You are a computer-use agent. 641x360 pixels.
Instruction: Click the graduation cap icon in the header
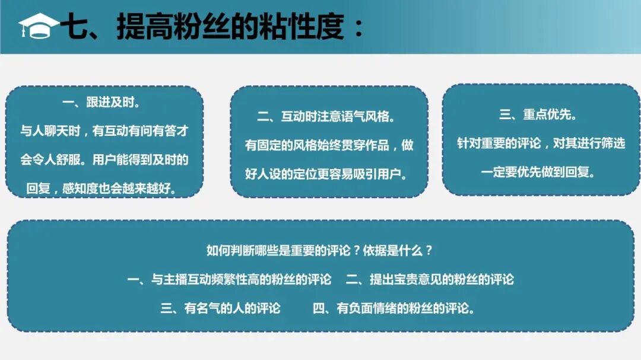click(38, 26)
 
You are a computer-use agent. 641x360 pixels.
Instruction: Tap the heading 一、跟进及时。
click(101, 103)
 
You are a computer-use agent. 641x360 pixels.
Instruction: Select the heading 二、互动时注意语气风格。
click(327, 117)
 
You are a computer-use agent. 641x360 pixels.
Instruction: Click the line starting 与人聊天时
click(104, 131)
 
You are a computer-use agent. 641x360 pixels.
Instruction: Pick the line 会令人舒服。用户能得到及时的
click(104, 160)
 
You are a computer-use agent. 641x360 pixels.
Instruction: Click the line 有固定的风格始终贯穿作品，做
click(329, 145)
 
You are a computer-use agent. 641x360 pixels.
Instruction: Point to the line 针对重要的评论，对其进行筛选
click(541, 144)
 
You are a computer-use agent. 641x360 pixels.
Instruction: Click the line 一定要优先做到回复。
click(538, 173)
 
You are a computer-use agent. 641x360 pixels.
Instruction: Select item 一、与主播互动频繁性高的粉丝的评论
click(229, 279)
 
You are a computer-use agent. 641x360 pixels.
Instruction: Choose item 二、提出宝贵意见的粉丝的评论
click(430, 279)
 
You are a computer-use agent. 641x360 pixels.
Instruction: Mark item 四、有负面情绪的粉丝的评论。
click(394, 308)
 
